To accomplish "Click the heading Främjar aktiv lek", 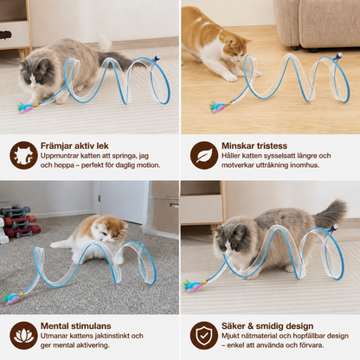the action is pyautogui.click(x=74, y=145).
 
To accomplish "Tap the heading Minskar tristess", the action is pyautogui.click(x=254, y=145).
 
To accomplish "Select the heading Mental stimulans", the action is pyautogui.click(x=75, y=326).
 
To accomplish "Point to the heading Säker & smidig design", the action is pyautogui.click(x=267, y=326).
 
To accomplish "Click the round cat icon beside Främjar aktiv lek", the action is pyautogui.click(x=23, y=155).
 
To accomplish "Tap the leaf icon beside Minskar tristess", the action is pyautogui.click(x=204, y=155).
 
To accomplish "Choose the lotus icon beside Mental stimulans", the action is pyautogui.click(x=23, y=336).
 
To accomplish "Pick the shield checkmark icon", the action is pyautogui.click(x=204, y=336).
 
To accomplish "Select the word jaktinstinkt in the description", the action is pyautogui.click(x=112, y=336).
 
